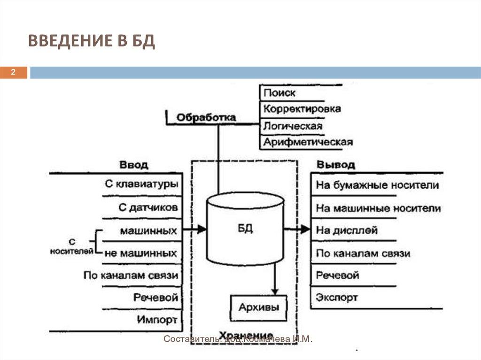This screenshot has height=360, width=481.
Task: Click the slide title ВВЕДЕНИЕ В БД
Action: (x=91, y=41)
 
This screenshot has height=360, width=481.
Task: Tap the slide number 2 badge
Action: (x=14, y=72)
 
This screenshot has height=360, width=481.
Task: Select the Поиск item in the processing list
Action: (x=279, y=93)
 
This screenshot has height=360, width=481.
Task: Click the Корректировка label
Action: (x=302, y=109)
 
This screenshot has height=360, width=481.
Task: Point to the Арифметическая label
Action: (x=308, y=142)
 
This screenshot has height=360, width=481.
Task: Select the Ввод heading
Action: (x=134, y=165)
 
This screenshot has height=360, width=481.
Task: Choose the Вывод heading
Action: (x=335, y=165)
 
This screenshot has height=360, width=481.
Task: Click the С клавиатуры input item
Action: (x=141, y=184)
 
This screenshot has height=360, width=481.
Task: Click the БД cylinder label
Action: (x=245, y=229)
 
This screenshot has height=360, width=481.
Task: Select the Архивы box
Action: (x=259, y=307)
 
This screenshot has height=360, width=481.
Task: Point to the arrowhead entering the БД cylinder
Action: (x=202, y=229)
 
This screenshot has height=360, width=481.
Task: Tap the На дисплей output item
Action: (x=347, y=230)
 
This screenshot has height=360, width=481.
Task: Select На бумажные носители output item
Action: (x=377, y=185)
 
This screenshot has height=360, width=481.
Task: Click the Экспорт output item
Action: (x=337, y=297)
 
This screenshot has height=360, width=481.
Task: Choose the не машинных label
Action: (x=141, y=253)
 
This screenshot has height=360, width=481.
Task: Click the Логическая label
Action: (x=293, y=126)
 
